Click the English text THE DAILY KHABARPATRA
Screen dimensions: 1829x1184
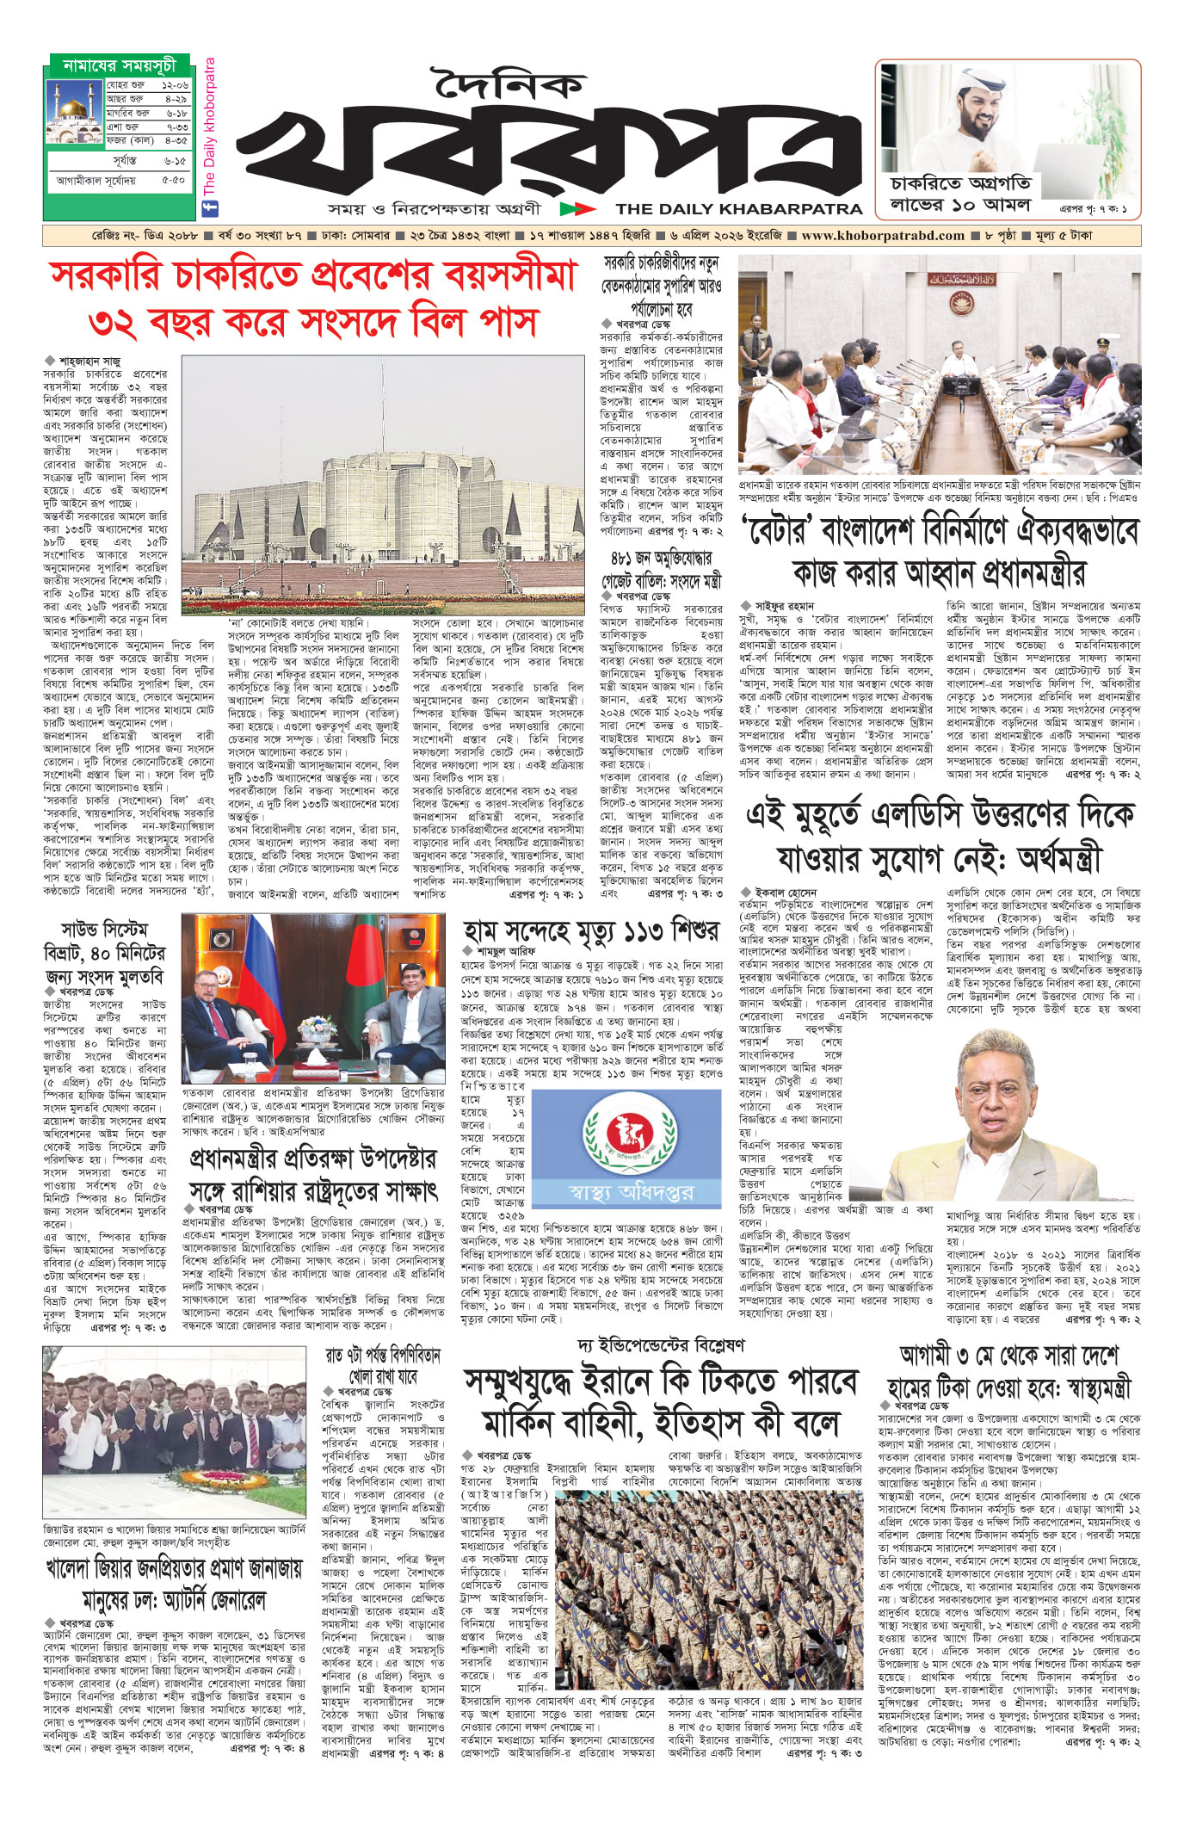pyautogui.click(x=739, y=208)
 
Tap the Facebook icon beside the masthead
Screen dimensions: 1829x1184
pyautogui.click(x=208, y=208)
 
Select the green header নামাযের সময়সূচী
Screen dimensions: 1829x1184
pyautogui.click(x=120, y=65)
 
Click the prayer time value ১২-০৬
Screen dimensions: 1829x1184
pyautogui.click(x=174, y=86)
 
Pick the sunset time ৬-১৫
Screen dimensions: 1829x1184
pyautogui.click(x=174, y=161)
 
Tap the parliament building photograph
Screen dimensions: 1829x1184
pyautogui.click(x=382, y=482)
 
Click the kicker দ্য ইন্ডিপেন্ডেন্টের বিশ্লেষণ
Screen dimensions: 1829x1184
pyautogui.click(x=661, y=1345)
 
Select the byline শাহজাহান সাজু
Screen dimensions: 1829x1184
pyautogui.click(x=89, y=361)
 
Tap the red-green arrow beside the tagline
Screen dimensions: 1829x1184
pyautogui.click(x=577, y=208)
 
